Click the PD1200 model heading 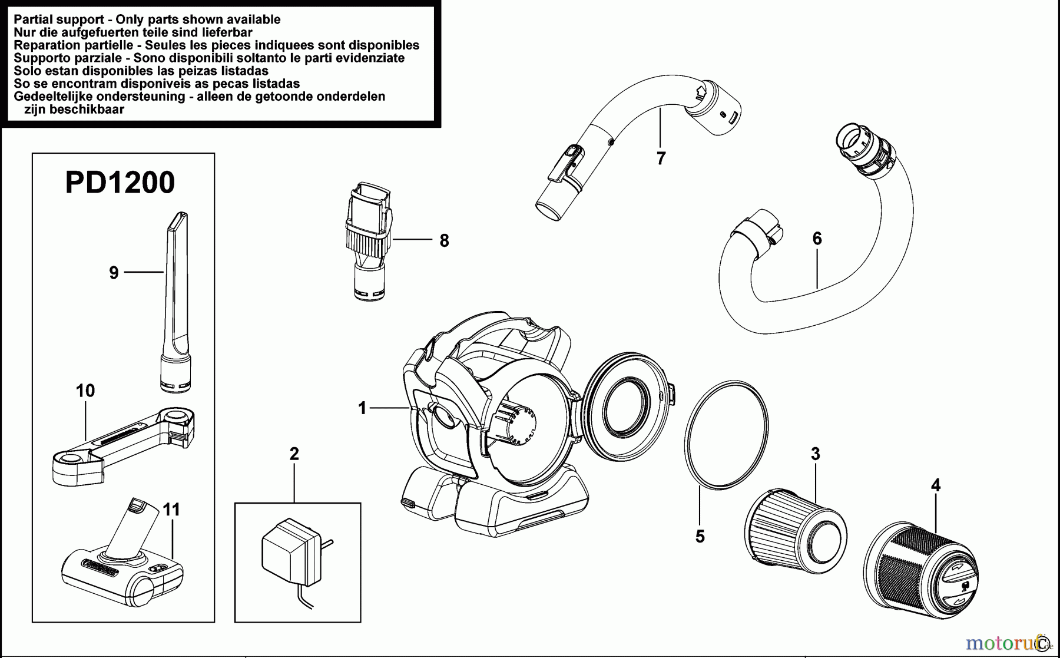tap(120, 183)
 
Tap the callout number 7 tap(661, 158)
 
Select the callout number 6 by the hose tap(817, 239)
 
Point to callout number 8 tap(444, 240)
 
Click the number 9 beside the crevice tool tap(114, 272)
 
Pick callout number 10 tap(85, 391)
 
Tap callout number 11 tap(171, 509)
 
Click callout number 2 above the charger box tap(294, 454)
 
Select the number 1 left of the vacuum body tap(362, 408)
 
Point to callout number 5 tap(700, 537)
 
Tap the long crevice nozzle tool tap(176, 300)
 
